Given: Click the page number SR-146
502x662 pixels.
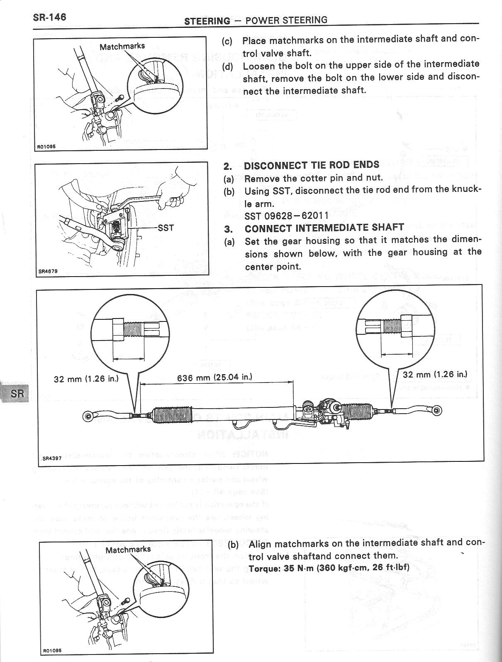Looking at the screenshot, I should tap(49, 17).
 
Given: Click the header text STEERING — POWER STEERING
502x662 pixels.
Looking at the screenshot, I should tap(256, 20).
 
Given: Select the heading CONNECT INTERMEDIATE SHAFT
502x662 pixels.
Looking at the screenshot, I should tap(324, 228).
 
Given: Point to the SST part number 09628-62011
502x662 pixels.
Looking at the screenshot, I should tap(287, 215).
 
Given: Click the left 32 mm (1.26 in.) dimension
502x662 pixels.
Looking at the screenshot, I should tap(86, 378).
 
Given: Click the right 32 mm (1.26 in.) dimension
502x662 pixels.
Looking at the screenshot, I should tap(435, 374).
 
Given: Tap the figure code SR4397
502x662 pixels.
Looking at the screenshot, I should tap(52, 458).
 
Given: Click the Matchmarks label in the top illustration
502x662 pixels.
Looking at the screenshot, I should tap(122, 46).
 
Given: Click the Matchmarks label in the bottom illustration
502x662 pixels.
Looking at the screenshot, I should tap(128, 549).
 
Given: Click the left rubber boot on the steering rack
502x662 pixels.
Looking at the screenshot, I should tap(171, 417).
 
